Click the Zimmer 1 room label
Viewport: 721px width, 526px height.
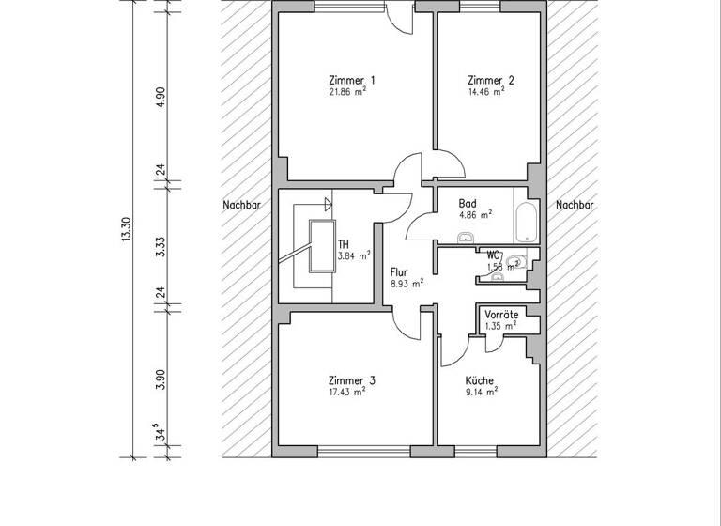point(352,81)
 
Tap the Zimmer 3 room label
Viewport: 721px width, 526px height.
point(352,380)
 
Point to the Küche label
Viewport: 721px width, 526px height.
point(480,380)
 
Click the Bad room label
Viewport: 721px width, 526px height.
point(467,203)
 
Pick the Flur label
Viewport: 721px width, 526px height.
point(399,271)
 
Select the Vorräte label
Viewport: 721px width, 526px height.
point(500,315)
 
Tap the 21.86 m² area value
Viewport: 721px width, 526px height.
point(346,94)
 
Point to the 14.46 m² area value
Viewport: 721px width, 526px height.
point(486,93)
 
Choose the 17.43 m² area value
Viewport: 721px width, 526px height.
point(346,393)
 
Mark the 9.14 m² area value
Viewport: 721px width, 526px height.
point(481,393)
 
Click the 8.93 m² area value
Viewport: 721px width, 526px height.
point(407,283)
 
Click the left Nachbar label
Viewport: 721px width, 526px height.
point(241,205)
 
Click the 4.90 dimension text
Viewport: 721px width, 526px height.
point(161,98)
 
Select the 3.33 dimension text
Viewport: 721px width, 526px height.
point(161,246)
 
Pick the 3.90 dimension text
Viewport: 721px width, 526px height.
point(161,379)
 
